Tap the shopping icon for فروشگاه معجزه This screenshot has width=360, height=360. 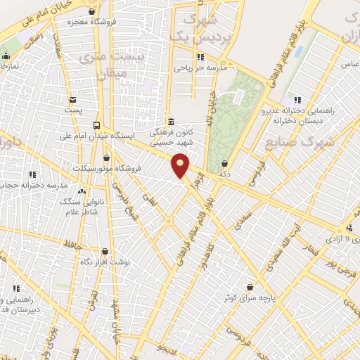tap(93, 11)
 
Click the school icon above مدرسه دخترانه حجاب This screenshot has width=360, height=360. tap(32, 174)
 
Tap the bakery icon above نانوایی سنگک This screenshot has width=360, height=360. tap(83, 191)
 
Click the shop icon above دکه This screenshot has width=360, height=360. tap(224, 164)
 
